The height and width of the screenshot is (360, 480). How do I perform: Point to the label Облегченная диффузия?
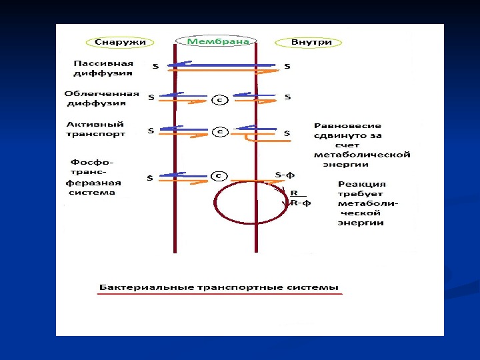pos(101,99)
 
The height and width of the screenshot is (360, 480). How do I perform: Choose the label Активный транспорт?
pos(95,129)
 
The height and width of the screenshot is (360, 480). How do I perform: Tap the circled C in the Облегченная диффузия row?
pos(219,101)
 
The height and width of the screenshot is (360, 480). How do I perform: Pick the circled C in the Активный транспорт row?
pos(219,131)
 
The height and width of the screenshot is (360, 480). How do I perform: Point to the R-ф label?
pos(301,203)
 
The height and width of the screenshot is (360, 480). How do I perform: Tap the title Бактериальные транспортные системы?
pos(219,288)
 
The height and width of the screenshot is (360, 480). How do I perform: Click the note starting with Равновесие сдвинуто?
pos(361,144)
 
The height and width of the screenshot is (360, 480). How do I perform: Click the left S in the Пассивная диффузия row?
pos(155,67)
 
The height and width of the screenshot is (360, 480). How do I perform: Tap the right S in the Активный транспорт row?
pos(287,133)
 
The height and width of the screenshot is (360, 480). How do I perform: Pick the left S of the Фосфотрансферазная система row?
pos(150,178)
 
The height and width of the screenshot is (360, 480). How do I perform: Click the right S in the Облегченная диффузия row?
pos(287,97)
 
